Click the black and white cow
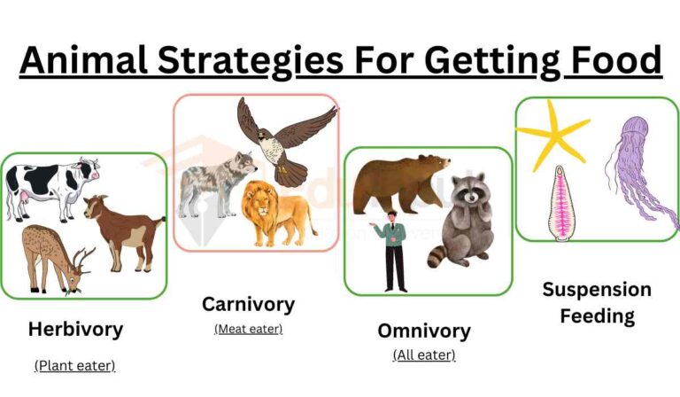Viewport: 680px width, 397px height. pos(49,184)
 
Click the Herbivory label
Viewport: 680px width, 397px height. pos(75,330)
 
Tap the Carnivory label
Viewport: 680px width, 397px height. pos(248,304)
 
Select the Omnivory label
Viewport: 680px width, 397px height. pos(424,331)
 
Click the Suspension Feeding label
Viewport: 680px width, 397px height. pos(596,302)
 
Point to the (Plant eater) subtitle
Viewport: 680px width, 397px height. pos(75,364)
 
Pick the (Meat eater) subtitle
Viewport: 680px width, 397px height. pos(248,329)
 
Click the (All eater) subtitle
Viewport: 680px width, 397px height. pos(424,355)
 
